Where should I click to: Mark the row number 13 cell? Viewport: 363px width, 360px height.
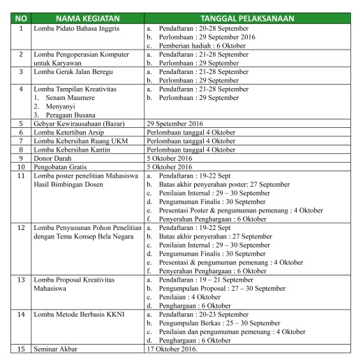pyautogui.click(x=21, y=279)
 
